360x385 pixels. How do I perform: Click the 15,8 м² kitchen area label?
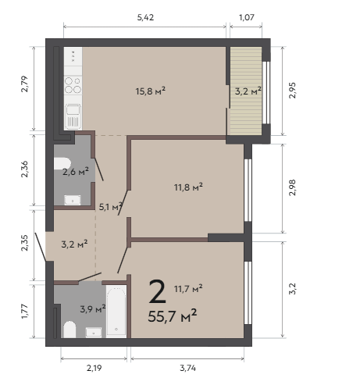[x=151, y=91]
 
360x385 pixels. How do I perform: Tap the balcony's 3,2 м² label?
[x=248, y=91]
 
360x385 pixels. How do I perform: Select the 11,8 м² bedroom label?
[x=188, y=187]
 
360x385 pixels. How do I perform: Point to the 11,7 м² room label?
[x=188, y=288]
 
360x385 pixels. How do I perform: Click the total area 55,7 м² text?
[x=173, y=315]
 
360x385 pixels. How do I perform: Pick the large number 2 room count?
[x=158, y=291]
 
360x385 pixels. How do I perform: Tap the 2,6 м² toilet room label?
[x=76, y=171]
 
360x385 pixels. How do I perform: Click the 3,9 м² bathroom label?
[x=93, y=309]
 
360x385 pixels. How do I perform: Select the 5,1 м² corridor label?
[x=111, y=207]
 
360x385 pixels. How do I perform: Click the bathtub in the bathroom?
[x=116, y=312]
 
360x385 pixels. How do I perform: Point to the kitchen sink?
[x=73, y=116]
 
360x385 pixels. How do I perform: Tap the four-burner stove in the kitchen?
[x=73, y=85]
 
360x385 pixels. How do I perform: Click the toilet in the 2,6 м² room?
[x=62, y=163]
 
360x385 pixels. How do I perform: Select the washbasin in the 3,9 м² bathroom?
[x=94, y=333]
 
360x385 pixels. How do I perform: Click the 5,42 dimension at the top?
[x=145, y=17]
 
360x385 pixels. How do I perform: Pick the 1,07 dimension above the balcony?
[x=246, y=17]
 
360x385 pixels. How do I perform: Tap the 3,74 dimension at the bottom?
[x=187, y=368]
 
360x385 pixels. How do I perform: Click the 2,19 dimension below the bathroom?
[x=94, y=368]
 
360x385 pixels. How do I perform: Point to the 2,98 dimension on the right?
[x=292, y=187]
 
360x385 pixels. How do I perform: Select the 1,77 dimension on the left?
[x=25, y=311]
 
